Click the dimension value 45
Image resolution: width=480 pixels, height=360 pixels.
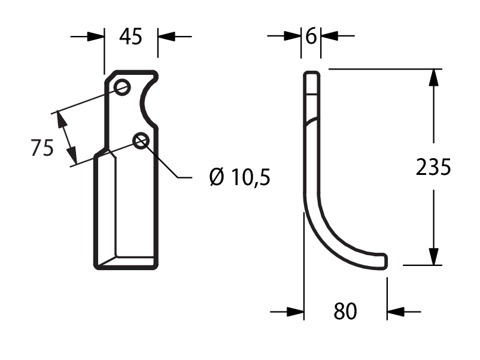(130, 37)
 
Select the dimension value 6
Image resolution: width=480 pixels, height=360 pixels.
(311, 36)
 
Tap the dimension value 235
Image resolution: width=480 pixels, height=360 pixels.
(433, 167)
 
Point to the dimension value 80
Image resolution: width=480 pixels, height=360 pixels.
(345, 311)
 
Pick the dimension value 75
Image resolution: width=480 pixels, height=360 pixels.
(42, 148)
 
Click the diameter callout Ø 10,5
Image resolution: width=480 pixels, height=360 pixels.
(239, 177)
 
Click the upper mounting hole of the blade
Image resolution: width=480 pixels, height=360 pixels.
(122, 87)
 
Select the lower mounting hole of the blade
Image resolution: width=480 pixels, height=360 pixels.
(141, 141)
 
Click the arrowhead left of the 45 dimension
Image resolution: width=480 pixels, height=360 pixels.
(96, 37)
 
